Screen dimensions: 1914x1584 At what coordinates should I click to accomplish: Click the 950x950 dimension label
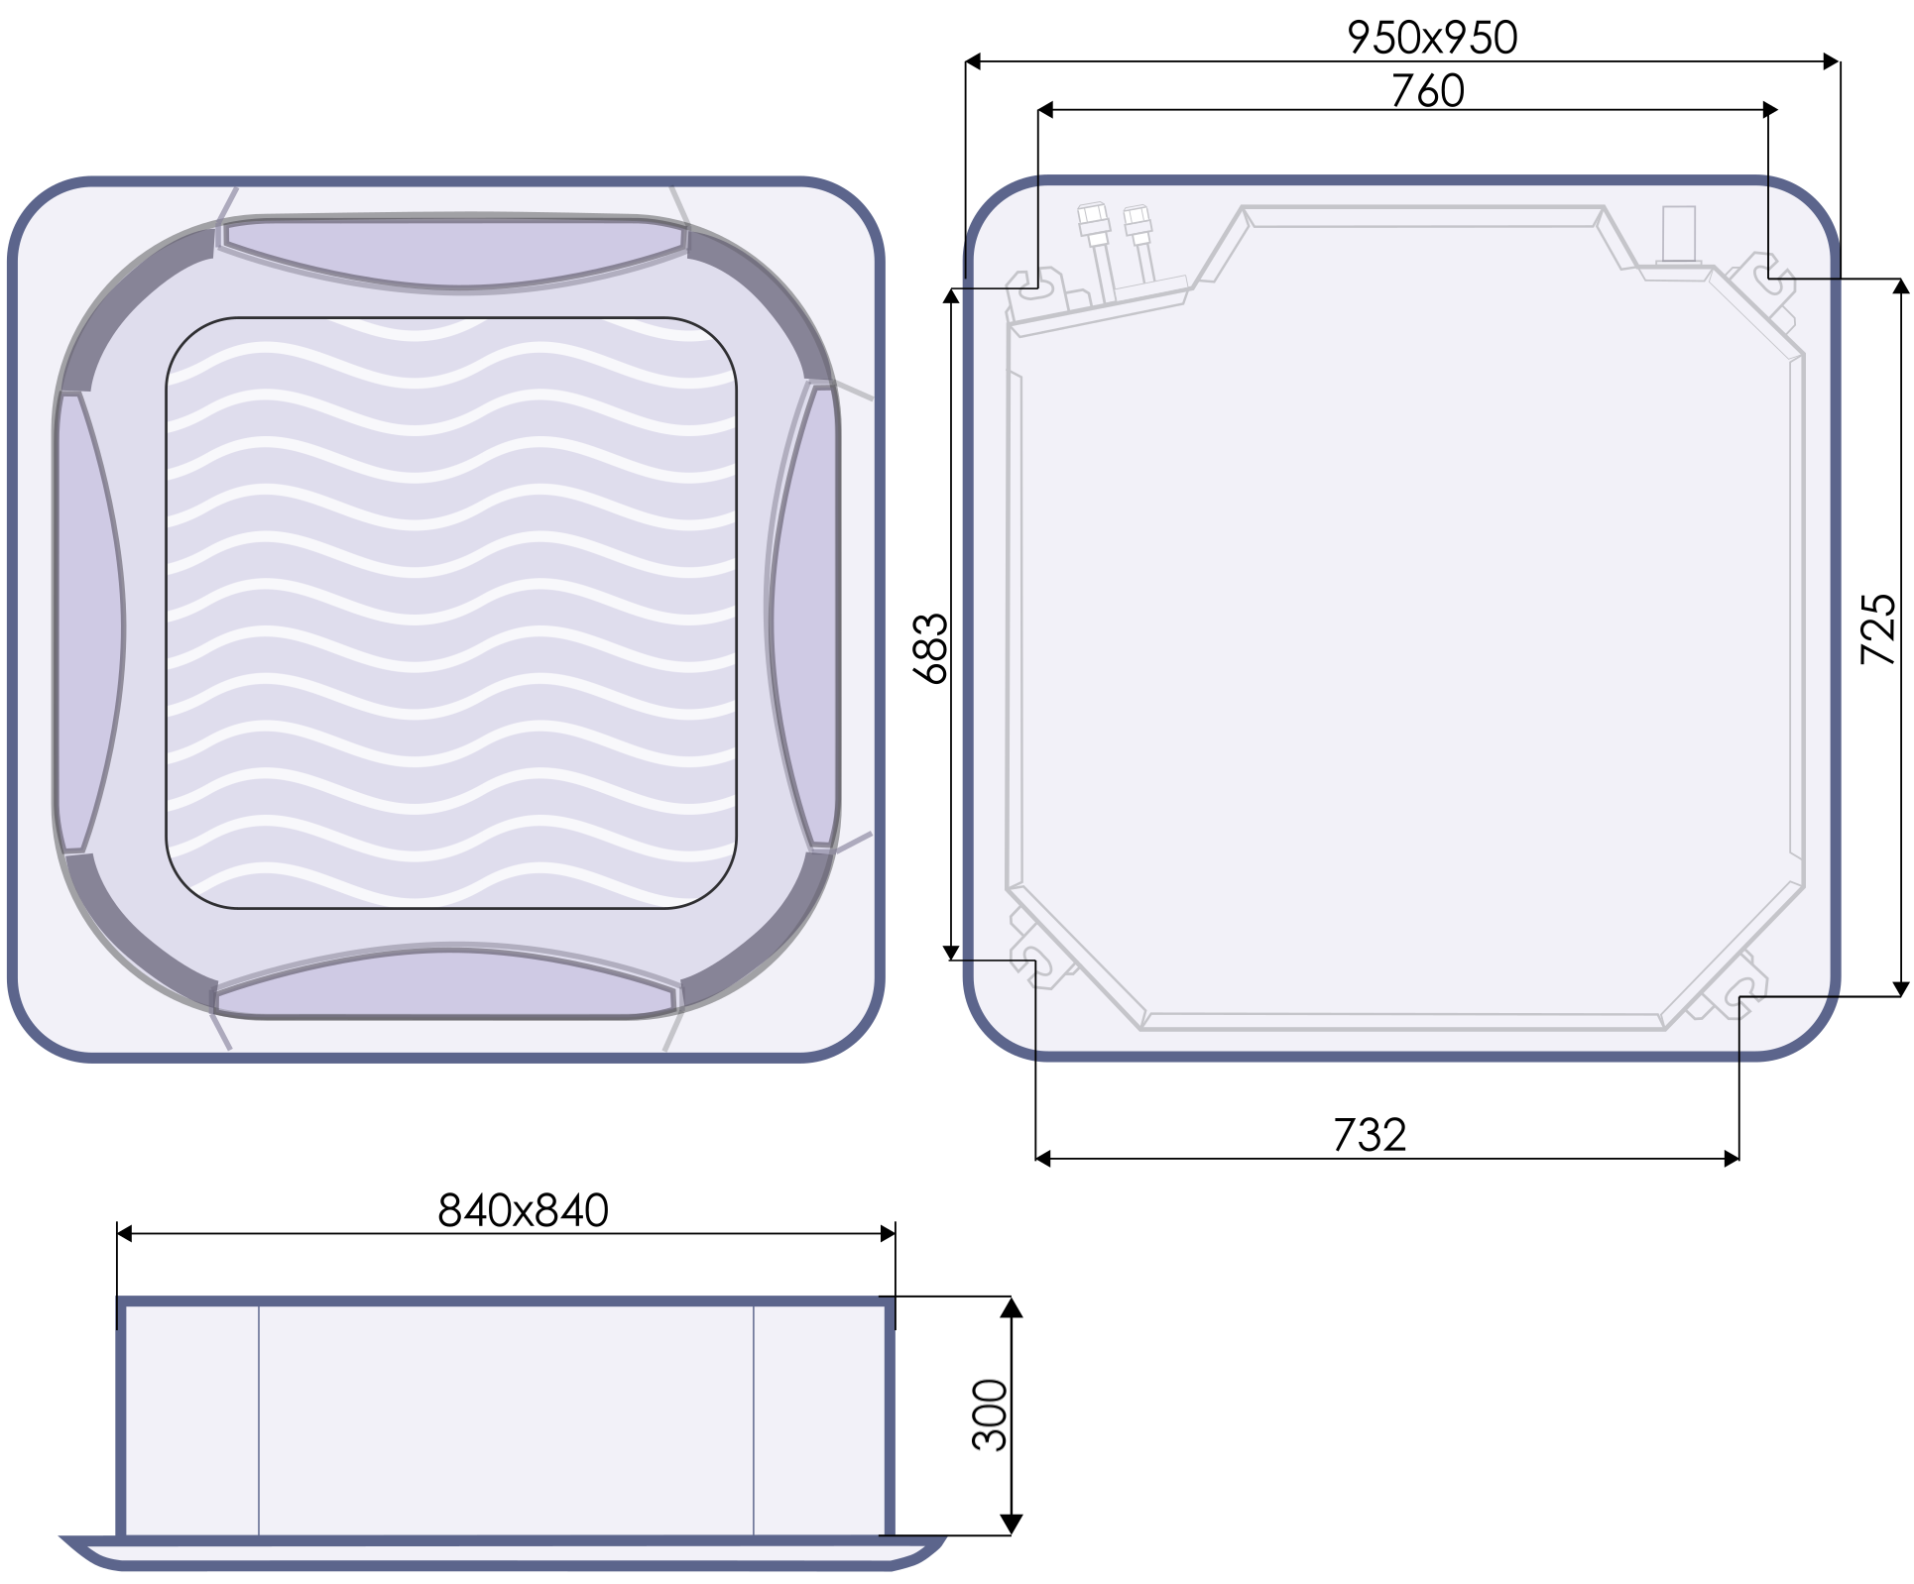(1432, 38)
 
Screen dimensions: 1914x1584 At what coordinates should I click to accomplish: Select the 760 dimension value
(1427, 91)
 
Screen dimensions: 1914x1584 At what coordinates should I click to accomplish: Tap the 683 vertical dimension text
(930, 649)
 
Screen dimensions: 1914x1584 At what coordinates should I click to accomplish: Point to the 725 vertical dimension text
(1877, 629)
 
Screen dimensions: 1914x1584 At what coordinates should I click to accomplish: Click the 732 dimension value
(1370, 1135)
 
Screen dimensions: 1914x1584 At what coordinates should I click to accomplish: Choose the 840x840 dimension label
(523, 1210)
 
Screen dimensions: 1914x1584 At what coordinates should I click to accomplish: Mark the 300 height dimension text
(990, 1414)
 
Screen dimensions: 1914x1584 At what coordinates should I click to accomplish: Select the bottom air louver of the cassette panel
(447, 982)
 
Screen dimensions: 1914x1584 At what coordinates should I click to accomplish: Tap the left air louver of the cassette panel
(90, 622)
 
